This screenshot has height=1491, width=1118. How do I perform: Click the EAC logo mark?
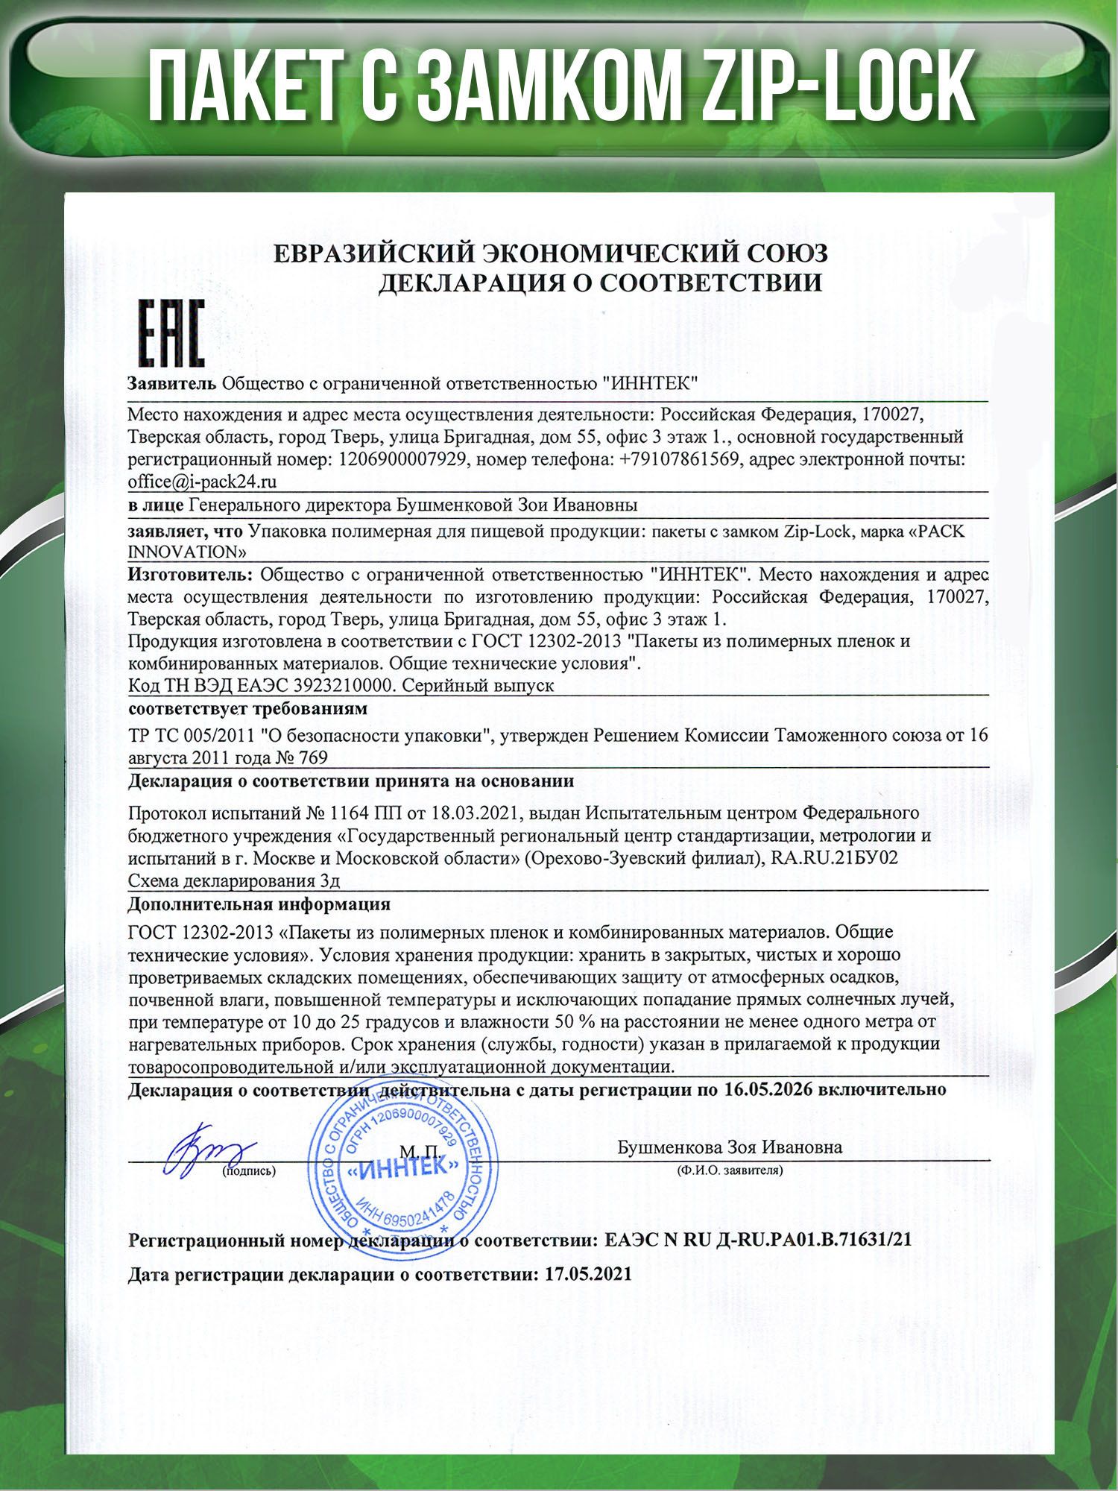172,333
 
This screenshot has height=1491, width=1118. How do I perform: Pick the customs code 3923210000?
346,685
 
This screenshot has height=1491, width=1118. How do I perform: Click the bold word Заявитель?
172,384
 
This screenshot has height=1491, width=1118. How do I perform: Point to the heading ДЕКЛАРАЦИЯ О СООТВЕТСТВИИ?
600,283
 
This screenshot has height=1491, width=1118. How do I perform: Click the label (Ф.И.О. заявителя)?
730,1170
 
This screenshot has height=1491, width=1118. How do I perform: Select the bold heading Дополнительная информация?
259,904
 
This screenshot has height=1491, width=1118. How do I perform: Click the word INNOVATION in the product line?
187,552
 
